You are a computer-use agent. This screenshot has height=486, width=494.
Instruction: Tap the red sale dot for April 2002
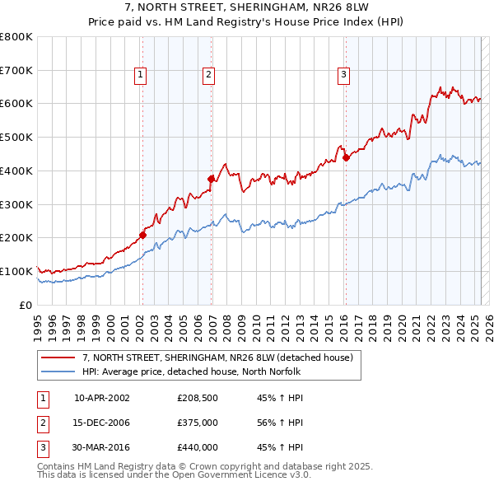(142, 235)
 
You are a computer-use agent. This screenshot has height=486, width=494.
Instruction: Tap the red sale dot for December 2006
(212, 178)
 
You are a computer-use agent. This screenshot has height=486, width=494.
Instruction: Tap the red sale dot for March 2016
(346, 157)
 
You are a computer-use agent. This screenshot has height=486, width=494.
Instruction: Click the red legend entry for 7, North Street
(217, 357)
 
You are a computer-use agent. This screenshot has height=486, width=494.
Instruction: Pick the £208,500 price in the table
(197, 397)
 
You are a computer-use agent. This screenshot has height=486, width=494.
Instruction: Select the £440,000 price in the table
(197, 447)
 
